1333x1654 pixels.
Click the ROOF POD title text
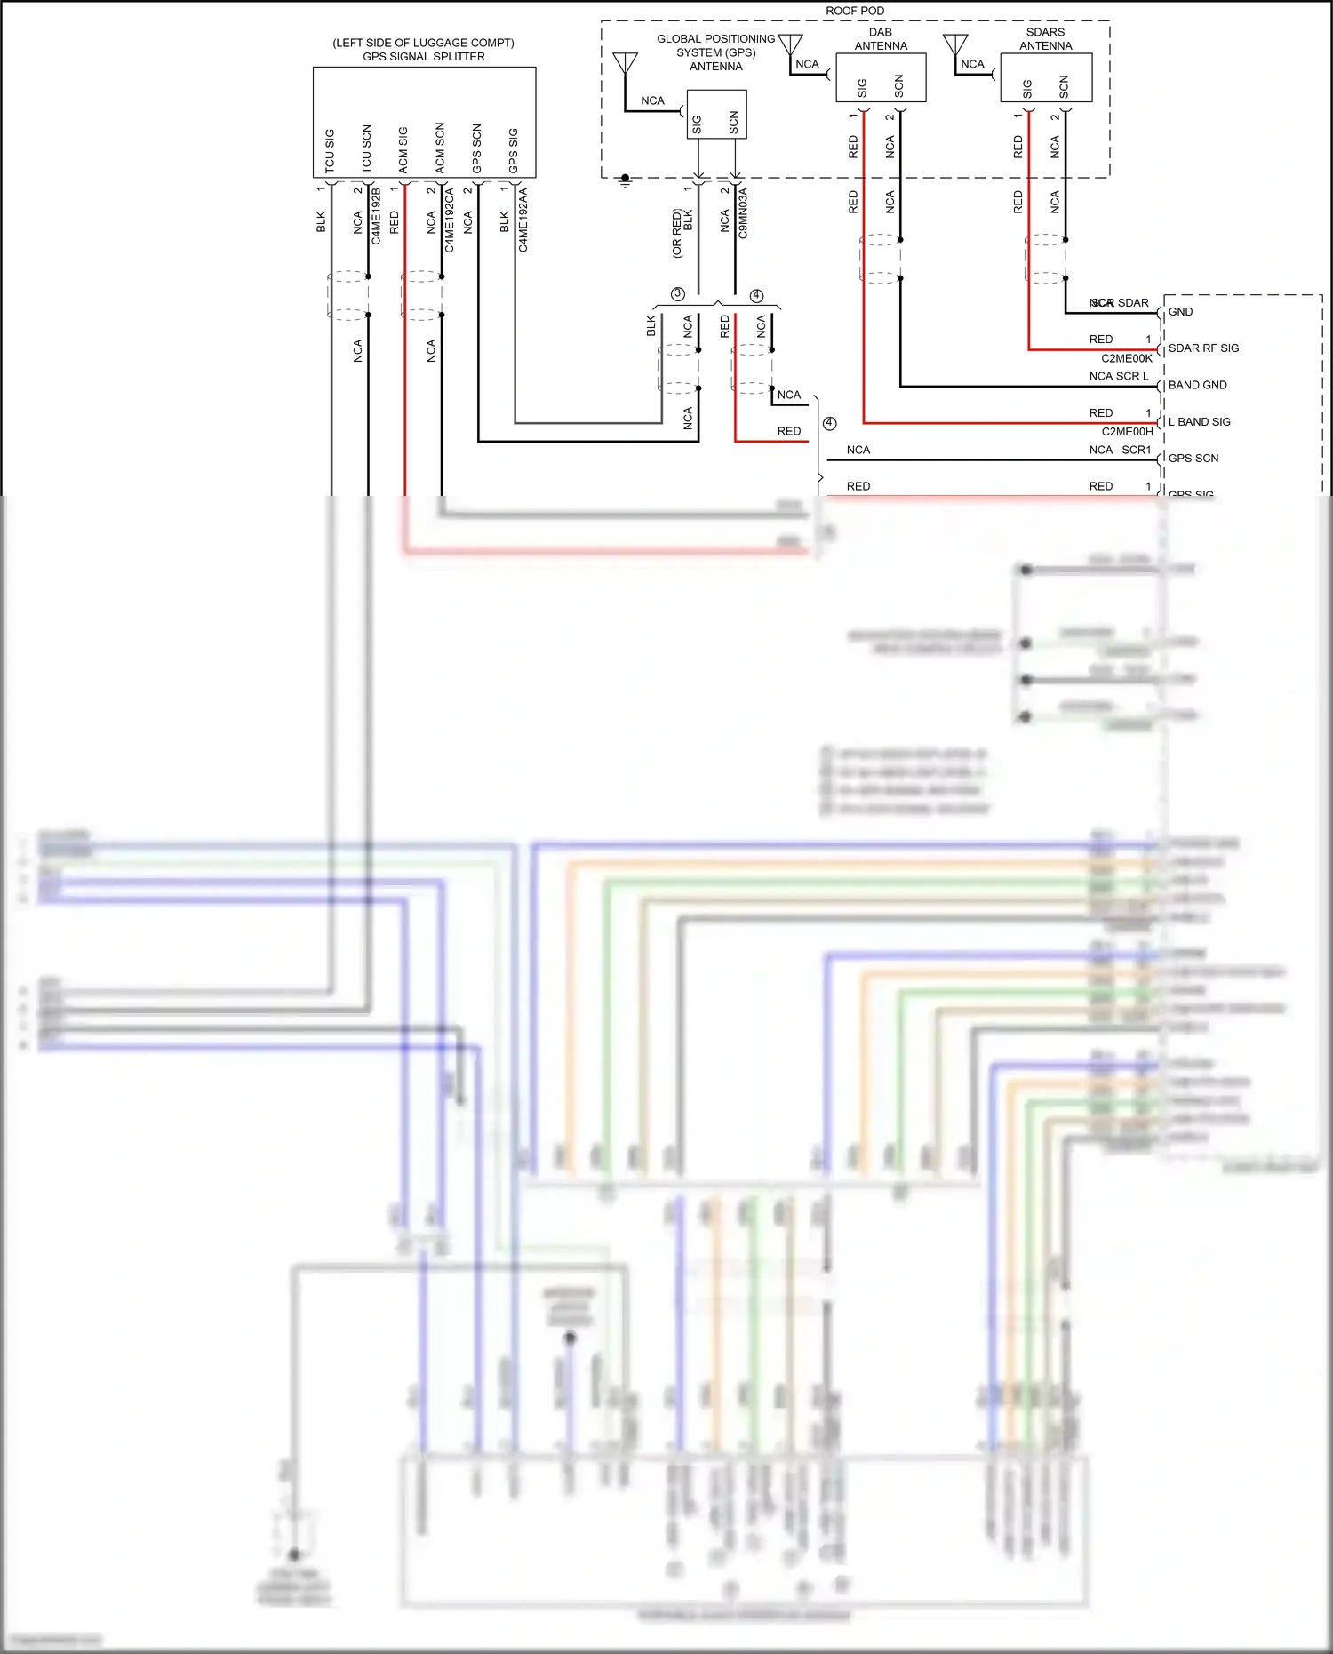tap(854, 11)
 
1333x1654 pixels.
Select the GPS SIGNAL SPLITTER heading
tap(423, 56)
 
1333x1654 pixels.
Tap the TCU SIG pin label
tap(330, 150)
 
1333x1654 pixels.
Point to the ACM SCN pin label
tap(440, 148)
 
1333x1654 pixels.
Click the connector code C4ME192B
tap(376, 216)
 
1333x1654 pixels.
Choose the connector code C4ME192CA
tap(450, 220)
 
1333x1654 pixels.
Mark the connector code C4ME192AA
tap(523, 220)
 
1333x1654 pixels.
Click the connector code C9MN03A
tap(743, 212)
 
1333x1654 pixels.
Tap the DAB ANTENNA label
tap(880, 39)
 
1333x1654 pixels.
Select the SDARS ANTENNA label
tap(1045, 39)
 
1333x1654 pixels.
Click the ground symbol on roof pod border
tap(625, 180)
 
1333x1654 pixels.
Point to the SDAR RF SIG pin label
tap(1202, 348)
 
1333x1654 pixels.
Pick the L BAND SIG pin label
tap(1199, 422)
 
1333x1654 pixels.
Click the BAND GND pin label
tap(1197, 385)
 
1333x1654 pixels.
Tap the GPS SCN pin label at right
tap(1193, 459)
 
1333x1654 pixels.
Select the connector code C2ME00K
tap(1126, 358)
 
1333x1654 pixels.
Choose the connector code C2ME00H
tap(1127, 432)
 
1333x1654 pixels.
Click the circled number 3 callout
tap(678, 294)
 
